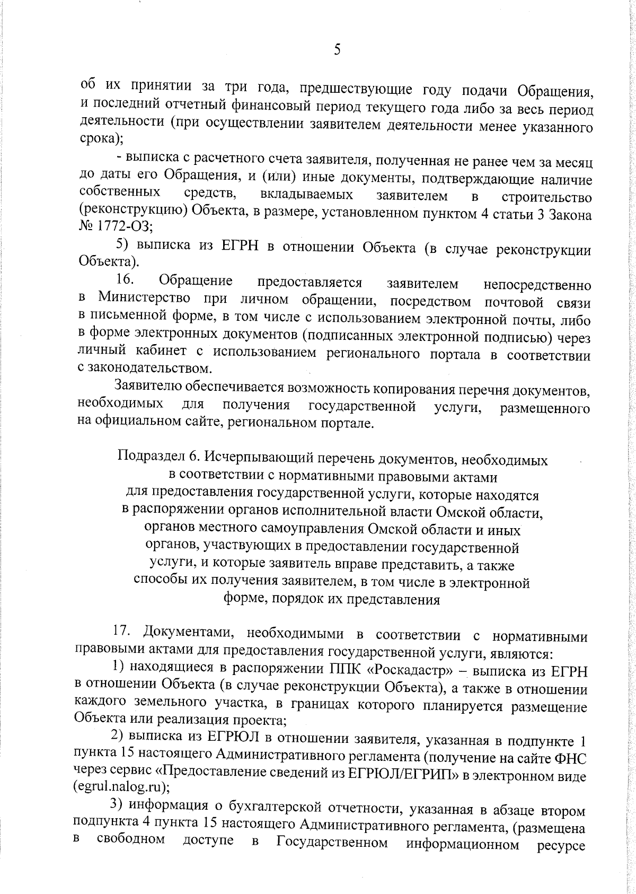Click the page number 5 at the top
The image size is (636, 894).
(337, 50)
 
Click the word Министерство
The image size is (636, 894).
(140, 300)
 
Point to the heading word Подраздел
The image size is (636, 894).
(144, 457)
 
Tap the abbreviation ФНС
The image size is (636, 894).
(571, 758)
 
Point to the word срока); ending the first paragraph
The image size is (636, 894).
(101, 141)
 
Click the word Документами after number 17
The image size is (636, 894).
(188, 633)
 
